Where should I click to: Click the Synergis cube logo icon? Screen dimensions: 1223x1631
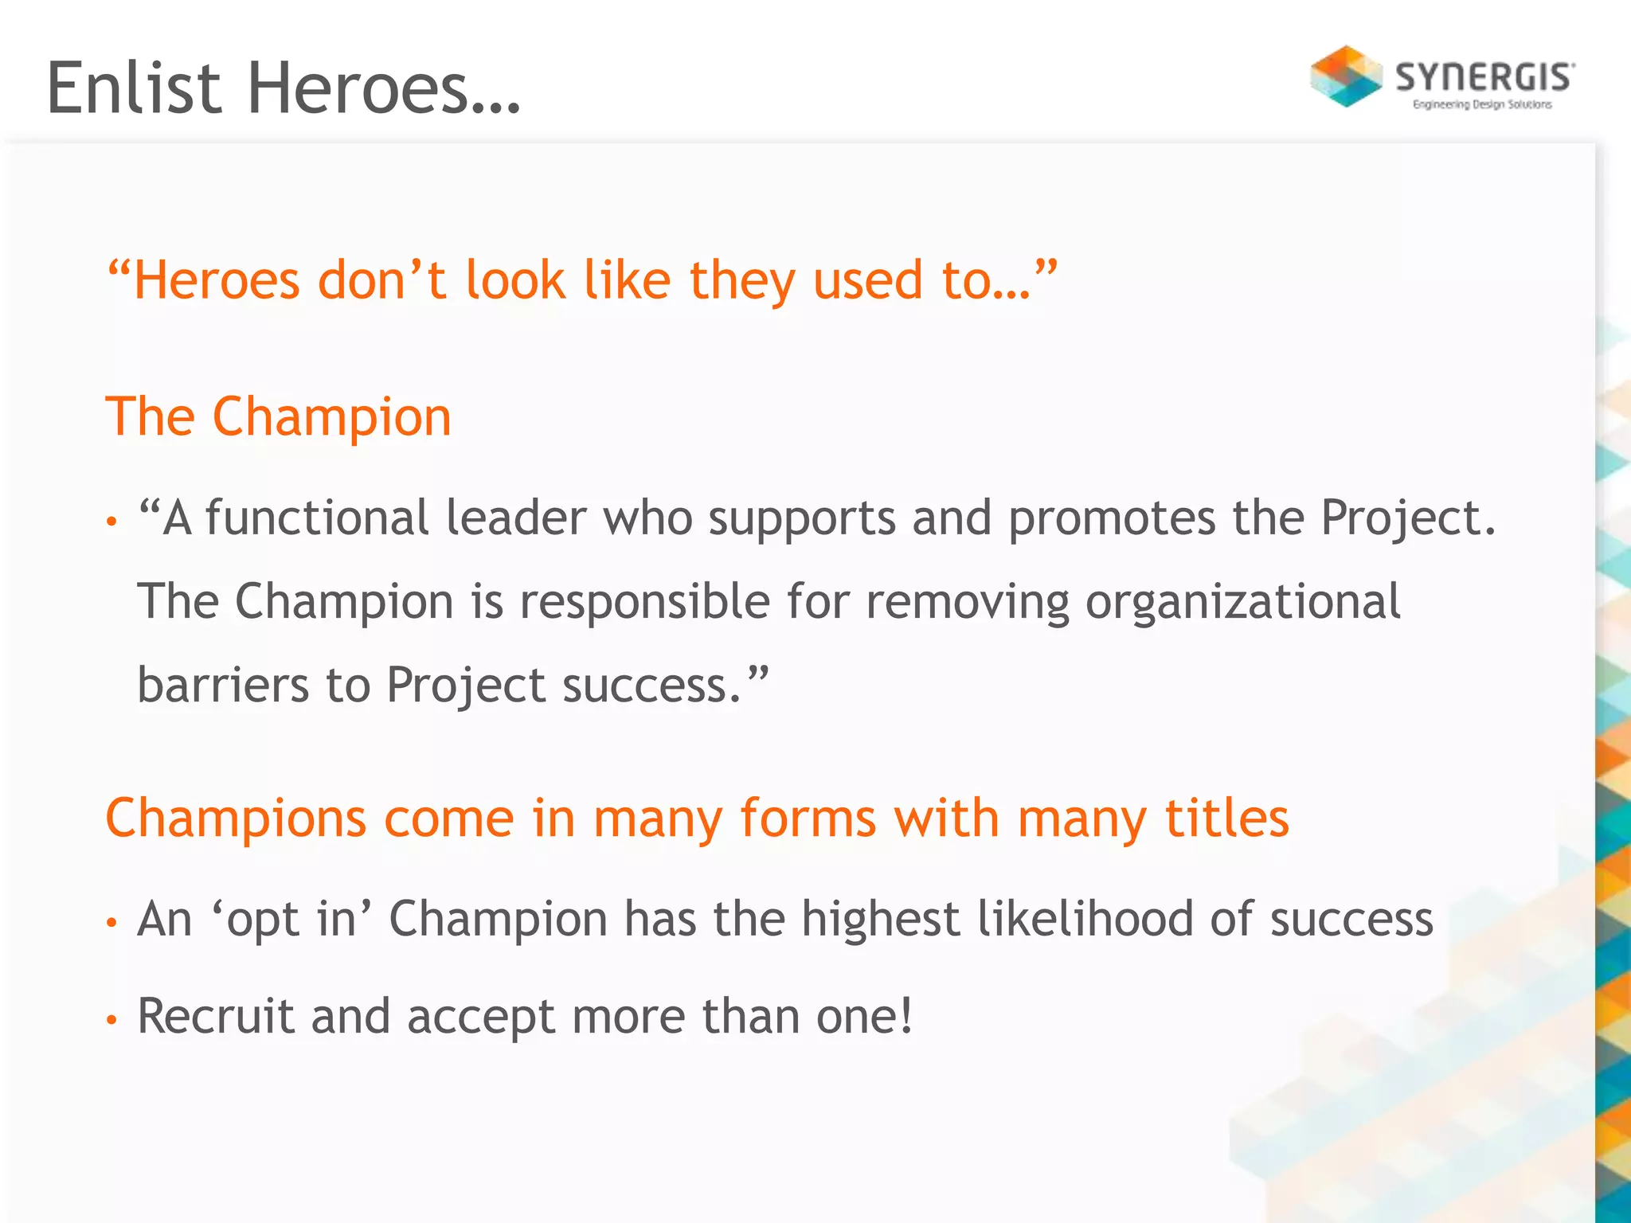[1346, 76]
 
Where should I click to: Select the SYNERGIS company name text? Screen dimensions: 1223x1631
[1484, 78]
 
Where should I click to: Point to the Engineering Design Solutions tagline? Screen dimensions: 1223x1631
[1482, 104]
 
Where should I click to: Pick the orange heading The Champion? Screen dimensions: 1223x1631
[278, 416]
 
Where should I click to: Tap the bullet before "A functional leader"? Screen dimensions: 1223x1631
[111, 522]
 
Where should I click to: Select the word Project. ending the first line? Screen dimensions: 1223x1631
[1408, 519]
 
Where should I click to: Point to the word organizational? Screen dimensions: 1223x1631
[1242, 601]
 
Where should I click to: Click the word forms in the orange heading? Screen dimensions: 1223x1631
[808, 818]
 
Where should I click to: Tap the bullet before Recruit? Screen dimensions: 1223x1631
[111, 1019]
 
